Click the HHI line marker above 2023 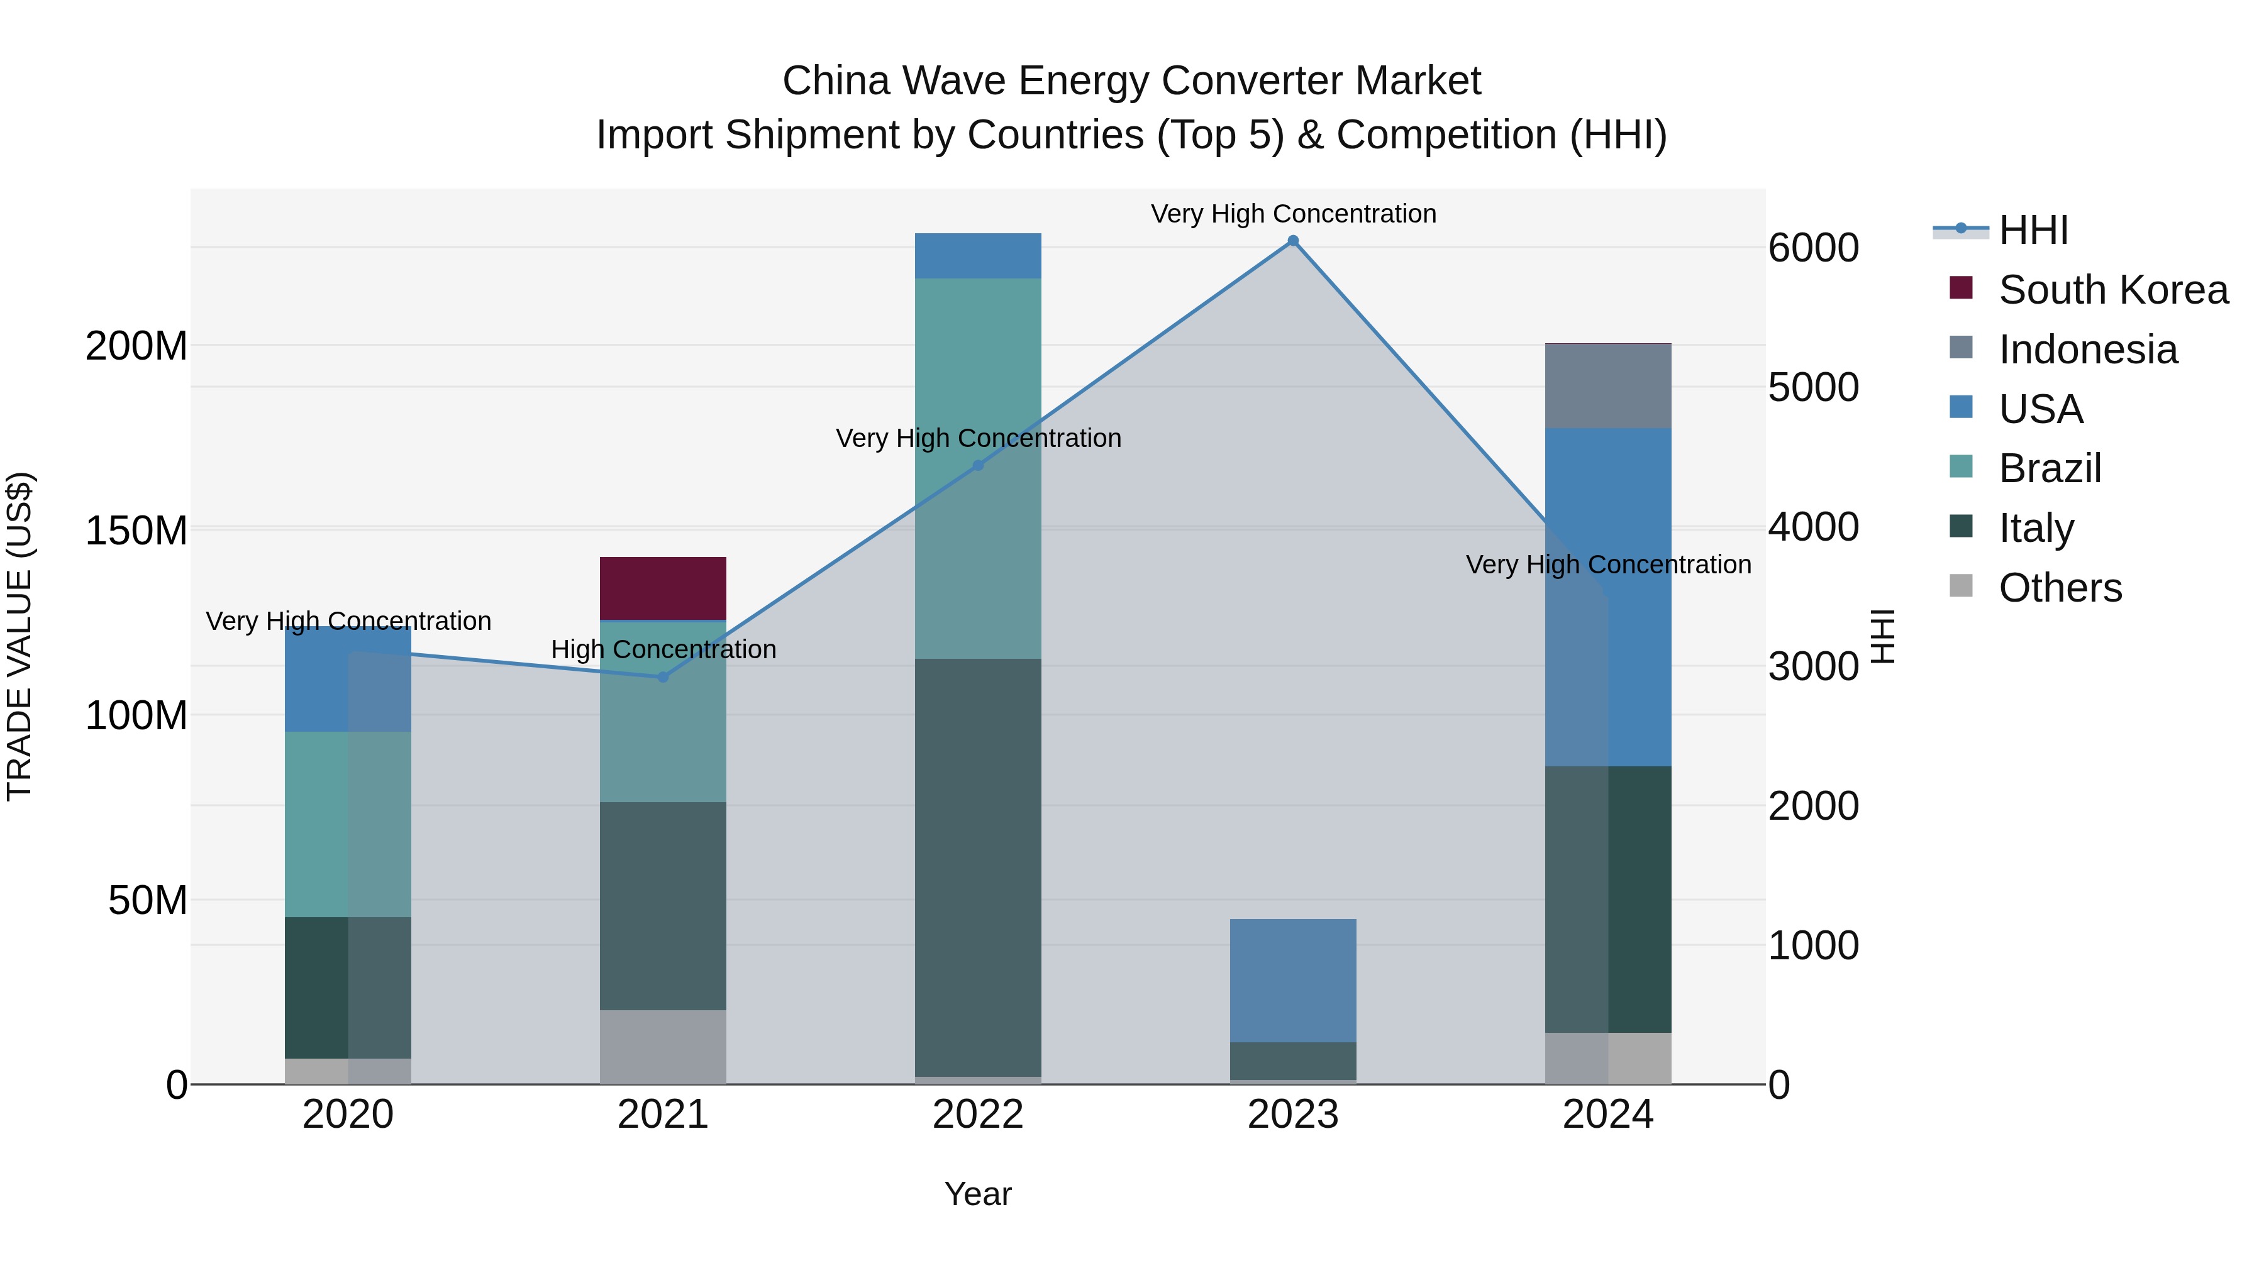click(1293, 241)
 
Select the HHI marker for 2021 click(663, 676)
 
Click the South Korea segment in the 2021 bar click(663, 588)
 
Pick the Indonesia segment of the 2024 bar click(1608, 386)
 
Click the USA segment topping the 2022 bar click(978, 256)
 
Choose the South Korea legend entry click(2113, 290)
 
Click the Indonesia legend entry click(2087, 350)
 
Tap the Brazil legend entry click(2050, 468)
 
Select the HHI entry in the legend click(2033, 230)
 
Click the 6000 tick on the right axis click(1813, 248)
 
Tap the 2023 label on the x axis click(1293, 1115)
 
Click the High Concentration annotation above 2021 click(663, 649)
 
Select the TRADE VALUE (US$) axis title click(19, 636)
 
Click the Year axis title click(977, 1194)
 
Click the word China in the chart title click(836, 81)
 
